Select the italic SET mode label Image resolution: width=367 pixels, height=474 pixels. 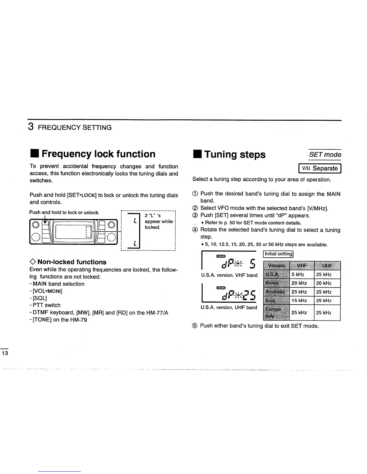[325, 155]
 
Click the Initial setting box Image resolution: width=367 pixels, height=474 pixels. [278, 254]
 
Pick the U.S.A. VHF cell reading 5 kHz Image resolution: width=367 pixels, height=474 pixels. [298, 275]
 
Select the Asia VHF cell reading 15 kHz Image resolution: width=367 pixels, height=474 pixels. [299, 300]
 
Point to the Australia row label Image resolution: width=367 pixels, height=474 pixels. [275, 292]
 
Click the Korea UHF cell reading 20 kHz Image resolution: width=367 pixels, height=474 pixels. [324, 283]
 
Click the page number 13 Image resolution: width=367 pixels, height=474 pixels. [5, 353]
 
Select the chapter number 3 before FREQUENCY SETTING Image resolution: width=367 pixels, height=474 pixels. [31, 127]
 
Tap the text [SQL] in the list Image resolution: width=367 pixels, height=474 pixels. [40, 298]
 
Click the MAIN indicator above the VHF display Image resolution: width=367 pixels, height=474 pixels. [220, 256]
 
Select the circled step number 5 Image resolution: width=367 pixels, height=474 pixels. [195, 326]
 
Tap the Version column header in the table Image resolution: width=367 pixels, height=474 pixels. [276, 265]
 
